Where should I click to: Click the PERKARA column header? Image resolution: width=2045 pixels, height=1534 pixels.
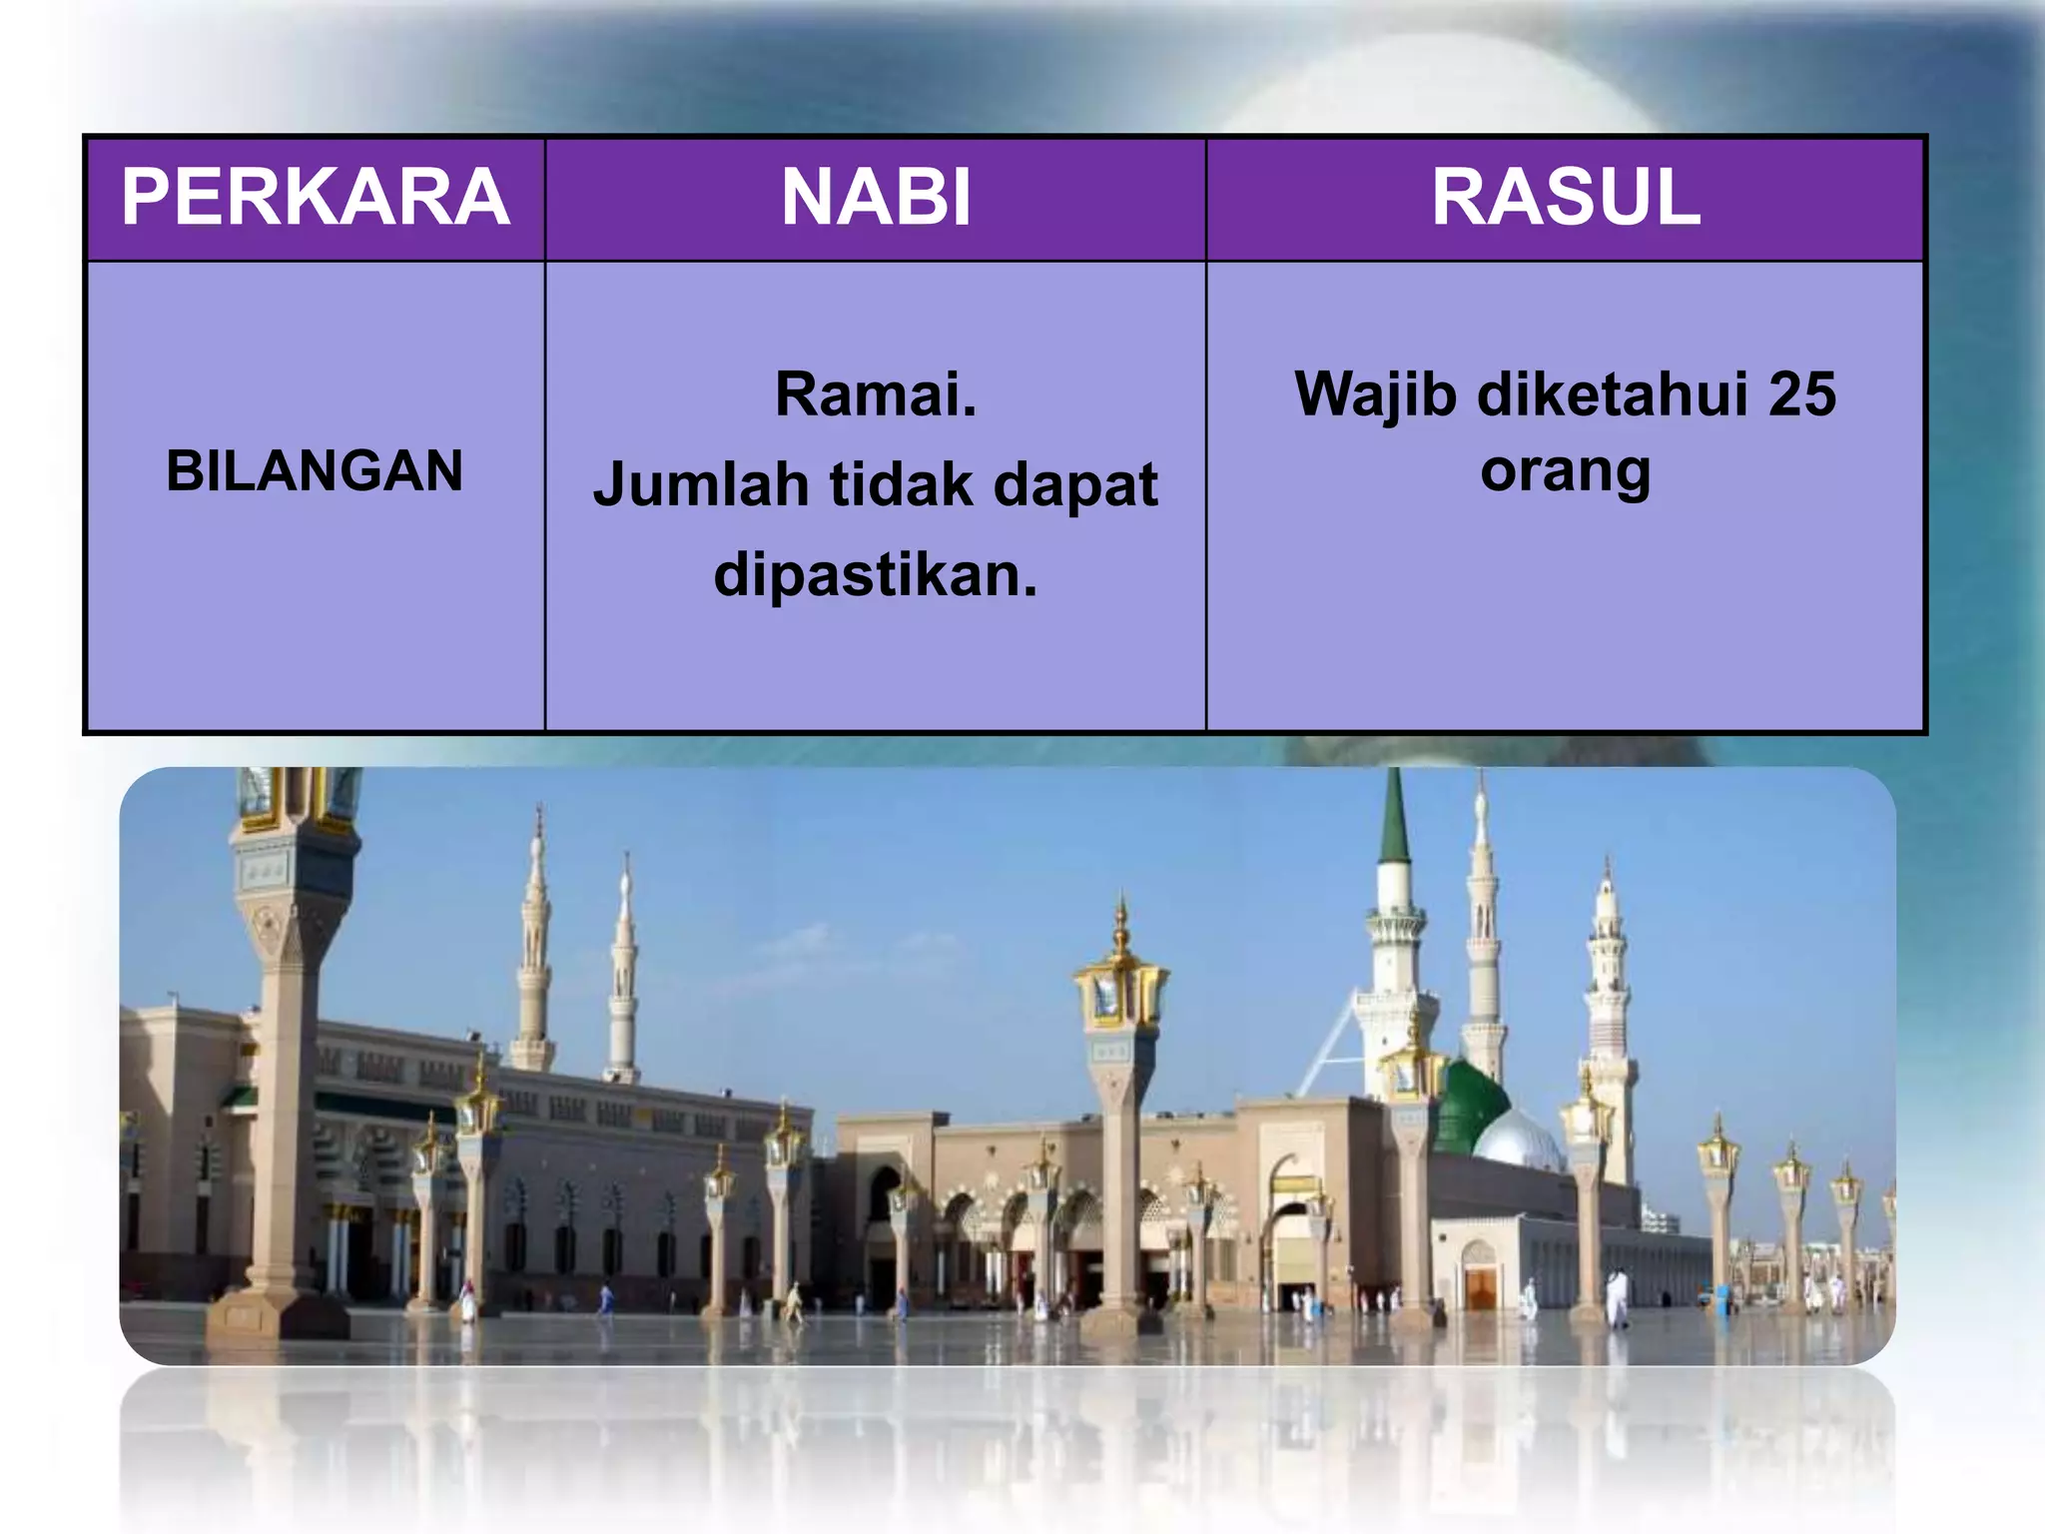click(x=315, y=197)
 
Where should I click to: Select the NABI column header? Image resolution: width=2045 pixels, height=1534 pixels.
click(x=875, y=197)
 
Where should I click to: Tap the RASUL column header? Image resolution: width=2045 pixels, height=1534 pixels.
click(x=1565, y=197)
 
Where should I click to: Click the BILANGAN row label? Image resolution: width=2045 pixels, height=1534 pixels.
click(x=315, y=470)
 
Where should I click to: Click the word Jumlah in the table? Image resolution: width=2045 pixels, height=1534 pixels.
click(x=700, y=485)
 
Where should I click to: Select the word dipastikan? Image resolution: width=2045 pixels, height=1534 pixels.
click(x=875, y=575)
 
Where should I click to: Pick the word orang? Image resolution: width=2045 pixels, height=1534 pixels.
click(x=1565, y=470)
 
